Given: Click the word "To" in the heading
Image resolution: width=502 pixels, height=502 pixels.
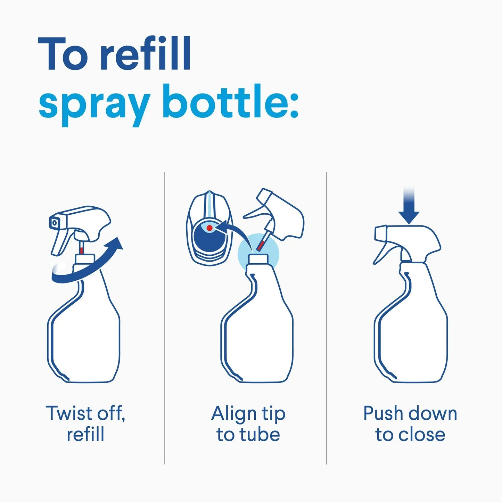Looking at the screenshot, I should point(63,55).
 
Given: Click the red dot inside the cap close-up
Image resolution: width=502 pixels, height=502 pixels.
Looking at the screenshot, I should point(209,228).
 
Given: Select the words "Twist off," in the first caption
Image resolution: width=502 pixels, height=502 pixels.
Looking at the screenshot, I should point(85,413).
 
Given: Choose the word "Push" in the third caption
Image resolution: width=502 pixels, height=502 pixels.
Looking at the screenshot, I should point(383,413).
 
